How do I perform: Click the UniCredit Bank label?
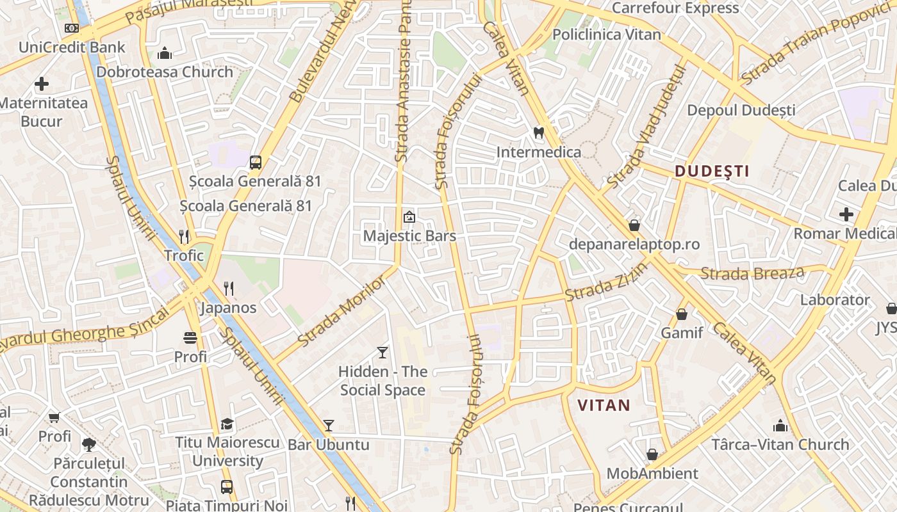72,47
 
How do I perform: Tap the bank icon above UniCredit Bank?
72,28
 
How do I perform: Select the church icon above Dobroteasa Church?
165,52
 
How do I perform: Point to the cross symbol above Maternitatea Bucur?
42,84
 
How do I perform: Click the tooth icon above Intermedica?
539,133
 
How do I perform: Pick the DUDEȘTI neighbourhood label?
712,171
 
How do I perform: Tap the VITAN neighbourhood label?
604,404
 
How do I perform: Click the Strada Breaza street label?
752,273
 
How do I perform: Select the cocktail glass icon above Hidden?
383,352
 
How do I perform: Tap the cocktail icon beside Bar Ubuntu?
329,425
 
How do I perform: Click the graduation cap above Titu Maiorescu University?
227,424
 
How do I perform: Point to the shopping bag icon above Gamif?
682,314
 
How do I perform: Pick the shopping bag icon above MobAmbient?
652,454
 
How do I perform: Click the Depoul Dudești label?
741,110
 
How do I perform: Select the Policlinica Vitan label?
606,35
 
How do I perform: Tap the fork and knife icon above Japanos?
228,289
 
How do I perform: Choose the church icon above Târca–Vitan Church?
780,425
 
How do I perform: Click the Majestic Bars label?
409,236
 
